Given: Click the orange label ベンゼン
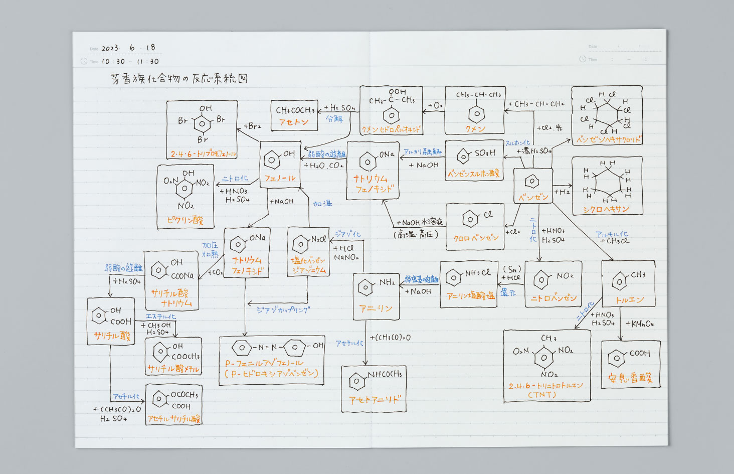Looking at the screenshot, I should point(533,197).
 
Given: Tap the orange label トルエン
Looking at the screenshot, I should point(629,299).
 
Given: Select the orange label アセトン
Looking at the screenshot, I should point(294,122).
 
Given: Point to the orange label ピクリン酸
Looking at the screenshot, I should point(185,220).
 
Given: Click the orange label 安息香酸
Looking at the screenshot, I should point(630,378).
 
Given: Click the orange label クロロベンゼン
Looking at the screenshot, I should point(476,238).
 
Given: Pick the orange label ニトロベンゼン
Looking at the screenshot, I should point(554,298).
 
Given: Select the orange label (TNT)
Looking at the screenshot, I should point(542,395).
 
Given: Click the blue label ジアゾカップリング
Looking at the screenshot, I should point(283,310).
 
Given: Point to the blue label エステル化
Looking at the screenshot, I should point(160,317).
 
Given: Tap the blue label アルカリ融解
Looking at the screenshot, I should point(423,152).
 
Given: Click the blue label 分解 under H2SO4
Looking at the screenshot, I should point(334,119).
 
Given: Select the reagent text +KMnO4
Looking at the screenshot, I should point(639,324).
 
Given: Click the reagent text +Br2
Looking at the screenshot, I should point(252,126).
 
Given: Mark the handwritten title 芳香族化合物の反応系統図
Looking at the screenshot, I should point(179,79).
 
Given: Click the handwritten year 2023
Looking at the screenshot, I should point(110,48).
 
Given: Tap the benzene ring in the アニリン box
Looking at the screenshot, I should point(365,288).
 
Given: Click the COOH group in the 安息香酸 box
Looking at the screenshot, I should point(639,353).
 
